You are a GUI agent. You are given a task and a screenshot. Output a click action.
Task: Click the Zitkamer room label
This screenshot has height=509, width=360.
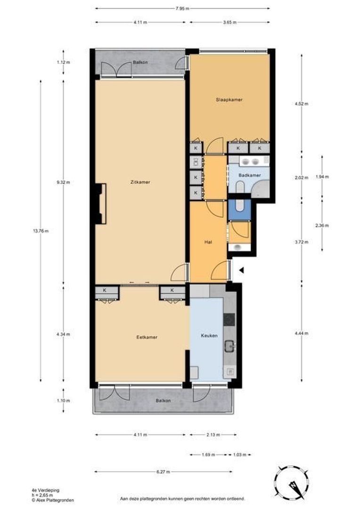(141, 182)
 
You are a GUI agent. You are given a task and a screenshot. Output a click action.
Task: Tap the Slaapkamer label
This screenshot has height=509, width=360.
(229, 99)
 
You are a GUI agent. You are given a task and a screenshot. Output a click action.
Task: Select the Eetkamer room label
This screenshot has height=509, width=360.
(147, 337)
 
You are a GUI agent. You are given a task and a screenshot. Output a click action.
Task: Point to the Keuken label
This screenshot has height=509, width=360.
(209, 336)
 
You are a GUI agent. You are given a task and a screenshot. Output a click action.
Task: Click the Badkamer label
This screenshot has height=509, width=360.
(250, 175)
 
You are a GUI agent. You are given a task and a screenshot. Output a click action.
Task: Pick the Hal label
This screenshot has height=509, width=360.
(208, 242)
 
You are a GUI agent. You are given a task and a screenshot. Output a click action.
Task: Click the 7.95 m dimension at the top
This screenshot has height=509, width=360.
(182, 9)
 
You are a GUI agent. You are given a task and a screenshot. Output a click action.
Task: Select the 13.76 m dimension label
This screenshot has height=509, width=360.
(41, 231)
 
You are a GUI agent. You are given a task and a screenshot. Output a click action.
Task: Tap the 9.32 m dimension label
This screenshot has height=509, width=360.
(63, 182)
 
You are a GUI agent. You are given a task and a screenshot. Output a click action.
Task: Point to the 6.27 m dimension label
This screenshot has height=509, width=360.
(164, 472)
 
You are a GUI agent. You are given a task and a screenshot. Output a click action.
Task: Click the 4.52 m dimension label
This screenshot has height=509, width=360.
(302, 104)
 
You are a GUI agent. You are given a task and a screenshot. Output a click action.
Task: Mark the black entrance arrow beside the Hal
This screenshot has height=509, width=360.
(241, 270)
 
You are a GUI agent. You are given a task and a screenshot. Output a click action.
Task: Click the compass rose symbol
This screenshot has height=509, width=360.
(292, 485)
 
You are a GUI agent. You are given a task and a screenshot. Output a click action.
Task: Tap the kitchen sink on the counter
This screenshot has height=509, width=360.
(230, 346)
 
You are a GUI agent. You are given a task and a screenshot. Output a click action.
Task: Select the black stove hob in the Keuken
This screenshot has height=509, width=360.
(229, 320)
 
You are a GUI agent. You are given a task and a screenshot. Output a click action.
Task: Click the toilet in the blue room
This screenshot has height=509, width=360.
(240, 206)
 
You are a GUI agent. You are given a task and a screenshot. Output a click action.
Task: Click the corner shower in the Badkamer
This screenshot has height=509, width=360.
(261, 189)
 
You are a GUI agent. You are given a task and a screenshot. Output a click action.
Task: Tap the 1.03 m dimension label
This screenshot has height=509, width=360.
(239, 455)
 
